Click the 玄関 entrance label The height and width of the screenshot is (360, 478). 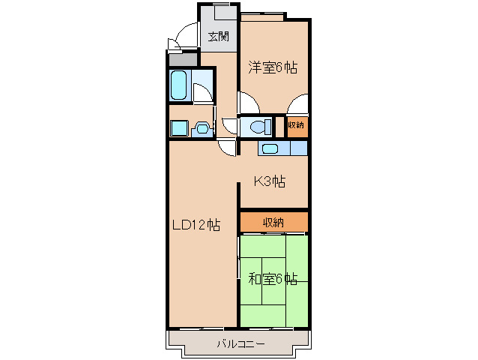tap(218, 35)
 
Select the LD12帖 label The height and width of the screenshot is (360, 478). tap(196, 224)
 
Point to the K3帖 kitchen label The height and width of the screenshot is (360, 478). tap(269, 181)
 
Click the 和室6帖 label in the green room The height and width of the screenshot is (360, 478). tap(273, 280)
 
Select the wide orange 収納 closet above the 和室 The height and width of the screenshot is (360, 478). tap(273, 222)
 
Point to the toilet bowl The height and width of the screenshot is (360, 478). tap(258, 126)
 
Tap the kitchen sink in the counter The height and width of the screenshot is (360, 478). tap(270, 148)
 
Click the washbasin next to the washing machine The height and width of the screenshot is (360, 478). tap(201, 129)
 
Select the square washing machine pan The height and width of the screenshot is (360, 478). tap(178, 128)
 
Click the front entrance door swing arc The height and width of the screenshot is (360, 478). tap(178, 37)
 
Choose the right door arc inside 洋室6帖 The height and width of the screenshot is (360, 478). tap(297, 103)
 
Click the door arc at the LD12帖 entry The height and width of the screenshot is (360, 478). tap(227, 147)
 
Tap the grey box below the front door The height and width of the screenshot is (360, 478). tap(183, 59)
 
